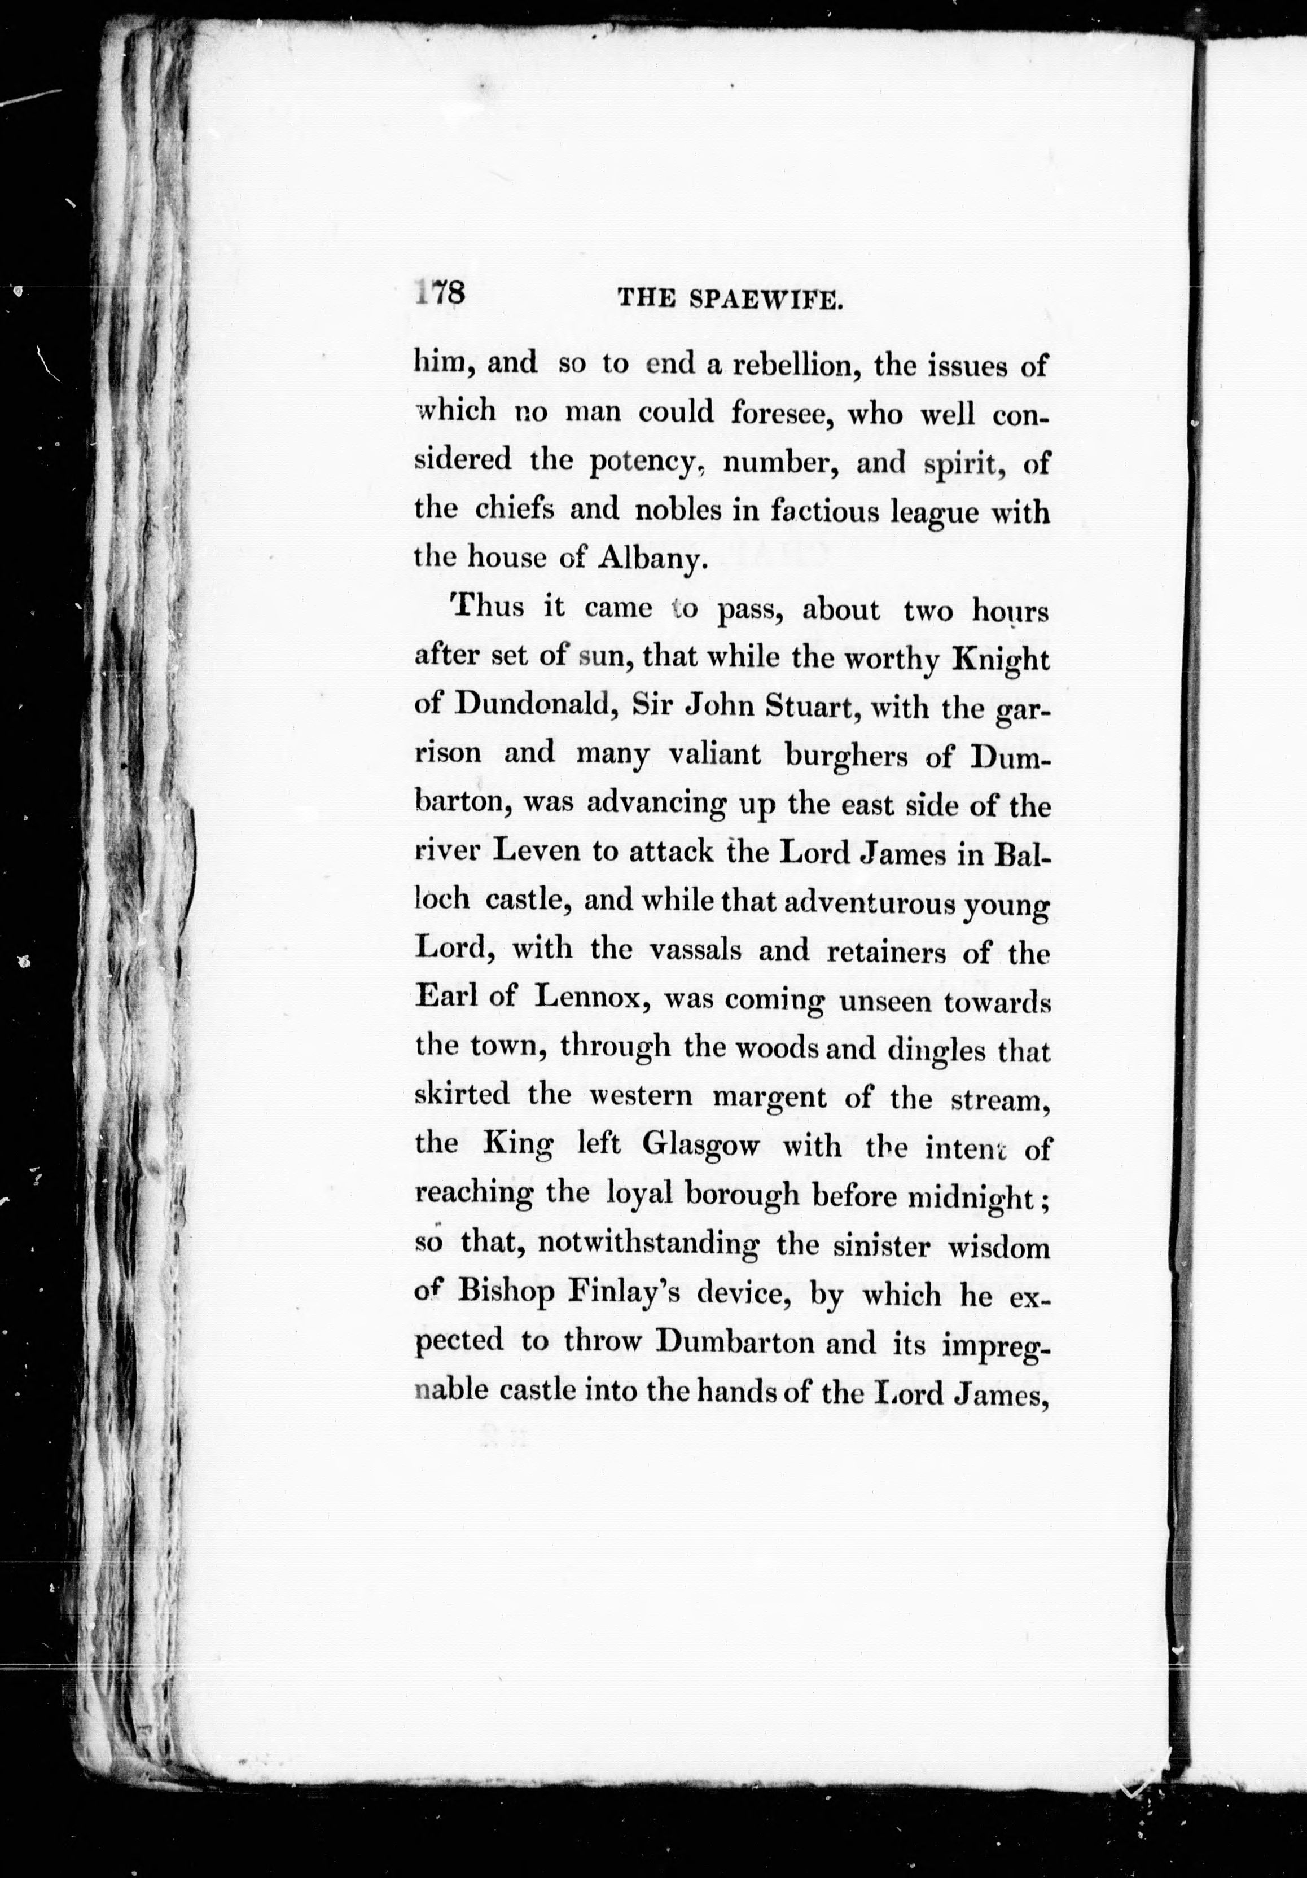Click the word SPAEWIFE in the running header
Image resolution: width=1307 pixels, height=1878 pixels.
(x=766, y=300)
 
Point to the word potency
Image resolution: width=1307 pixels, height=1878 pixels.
(x=642, y=463)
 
